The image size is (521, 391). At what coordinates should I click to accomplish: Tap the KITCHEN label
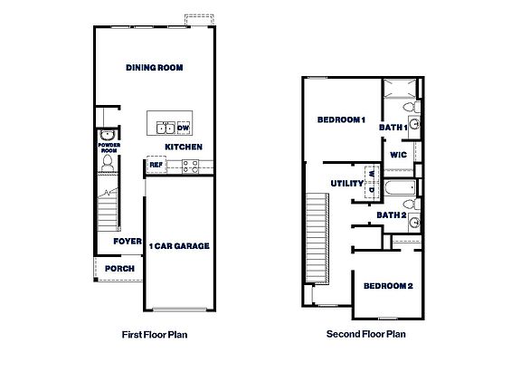coord(183,147)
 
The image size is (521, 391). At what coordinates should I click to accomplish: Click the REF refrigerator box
coord(156,166)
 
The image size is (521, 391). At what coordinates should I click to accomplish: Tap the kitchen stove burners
coord(190,166)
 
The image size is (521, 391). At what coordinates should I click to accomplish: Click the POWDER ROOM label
coord(109,147)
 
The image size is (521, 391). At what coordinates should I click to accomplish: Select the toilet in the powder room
coord(108,162)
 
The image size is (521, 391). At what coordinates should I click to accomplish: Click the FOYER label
coord(128,242)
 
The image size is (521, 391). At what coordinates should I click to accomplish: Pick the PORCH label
coord(120,268)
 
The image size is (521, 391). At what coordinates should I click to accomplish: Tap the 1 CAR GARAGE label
coord(179,246)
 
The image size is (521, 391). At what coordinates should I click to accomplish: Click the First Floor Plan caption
coord(154,334)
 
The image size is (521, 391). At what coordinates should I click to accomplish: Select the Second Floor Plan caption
coord(365,334)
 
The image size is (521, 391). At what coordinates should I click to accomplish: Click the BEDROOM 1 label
coord(341,120)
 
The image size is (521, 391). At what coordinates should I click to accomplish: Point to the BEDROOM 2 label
coord(388,287)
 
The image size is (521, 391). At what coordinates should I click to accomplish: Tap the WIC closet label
coord(399,155)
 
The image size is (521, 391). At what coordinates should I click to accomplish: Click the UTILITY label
coord(347,184)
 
